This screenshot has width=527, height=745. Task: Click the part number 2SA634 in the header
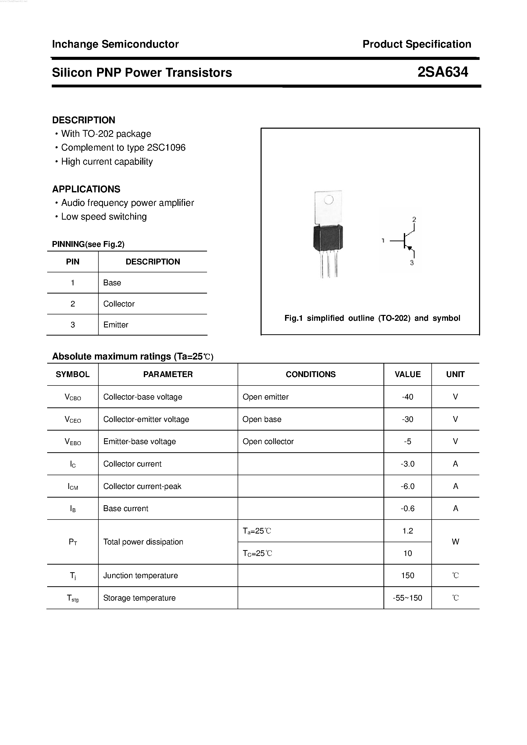pyautogui.click(x=442, y=72)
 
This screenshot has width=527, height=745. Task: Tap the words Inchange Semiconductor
pyautogui.click(x=115, y=44)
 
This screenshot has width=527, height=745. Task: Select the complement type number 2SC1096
pyautogui.click(x=166, y=148)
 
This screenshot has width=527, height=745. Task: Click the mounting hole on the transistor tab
pyautogui.click(x=329, y=200)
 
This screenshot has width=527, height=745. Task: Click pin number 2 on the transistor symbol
pyautogui.click(x=414, y=219)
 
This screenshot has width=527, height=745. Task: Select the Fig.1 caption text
pyautogui.click(x=372, y=318)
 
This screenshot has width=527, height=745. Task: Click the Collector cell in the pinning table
pyautogui.click(x=119, y=304)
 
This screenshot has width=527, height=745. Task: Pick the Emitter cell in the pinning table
pyautogui.click(x=115, y=325)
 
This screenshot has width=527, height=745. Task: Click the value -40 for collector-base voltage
pyautogui.click(x=407, y=397)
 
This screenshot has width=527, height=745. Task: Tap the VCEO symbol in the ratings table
pyautogui.click(x=73, y=420)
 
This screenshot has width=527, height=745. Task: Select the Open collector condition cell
pyautogui.click(x=268, y=441)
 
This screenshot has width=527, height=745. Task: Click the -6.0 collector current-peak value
pyautogui.click(x=407, y=486)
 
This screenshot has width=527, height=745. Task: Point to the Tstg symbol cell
pyautogui.click(x=73, y=598)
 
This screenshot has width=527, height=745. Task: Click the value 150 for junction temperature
pyautogui.click(x=407, y=575)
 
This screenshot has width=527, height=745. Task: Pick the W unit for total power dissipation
pyautogui.click(x=455, y=542)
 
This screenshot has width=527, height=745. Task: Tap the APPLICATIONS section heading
pyautogui.click(x=86, y=189)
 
